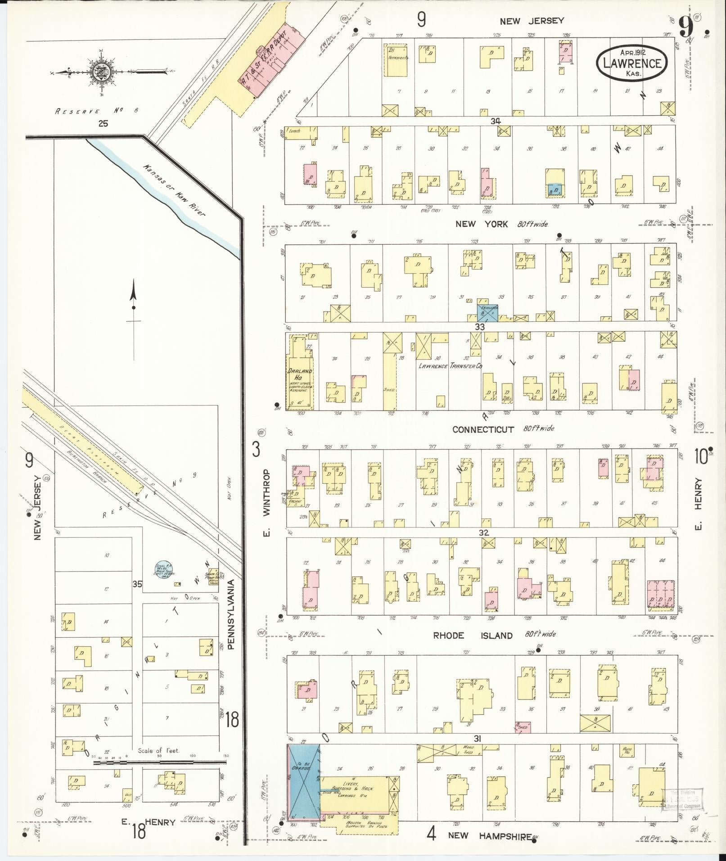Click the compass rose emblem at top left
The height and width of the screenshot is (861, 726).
[x=99, y=72]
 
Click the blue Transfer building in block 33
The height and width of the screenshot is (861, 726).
[x=487, y=311]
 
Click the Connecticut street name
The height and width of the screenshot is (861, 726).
[x=483, y=429]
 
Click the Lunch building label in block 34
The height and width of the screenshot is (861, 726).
[x=295, y=131]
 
